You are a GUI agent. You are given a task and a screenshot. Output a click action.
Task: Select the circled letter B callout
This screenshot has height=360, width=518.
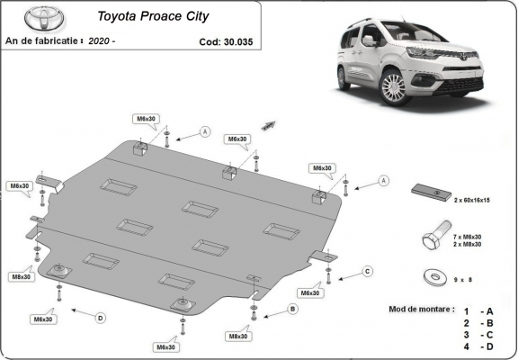(291, 310)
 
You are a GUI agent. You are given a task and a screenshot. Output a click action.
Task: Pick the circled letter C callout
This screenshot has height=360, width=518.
(367, 271)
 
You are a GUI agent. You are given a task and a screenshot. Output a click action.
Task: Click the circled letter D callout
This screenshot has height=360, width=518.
(101, 317)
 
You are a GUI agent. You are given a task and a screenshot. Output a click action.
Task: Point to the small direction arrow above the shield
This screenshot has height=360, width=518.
(267, 125)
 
